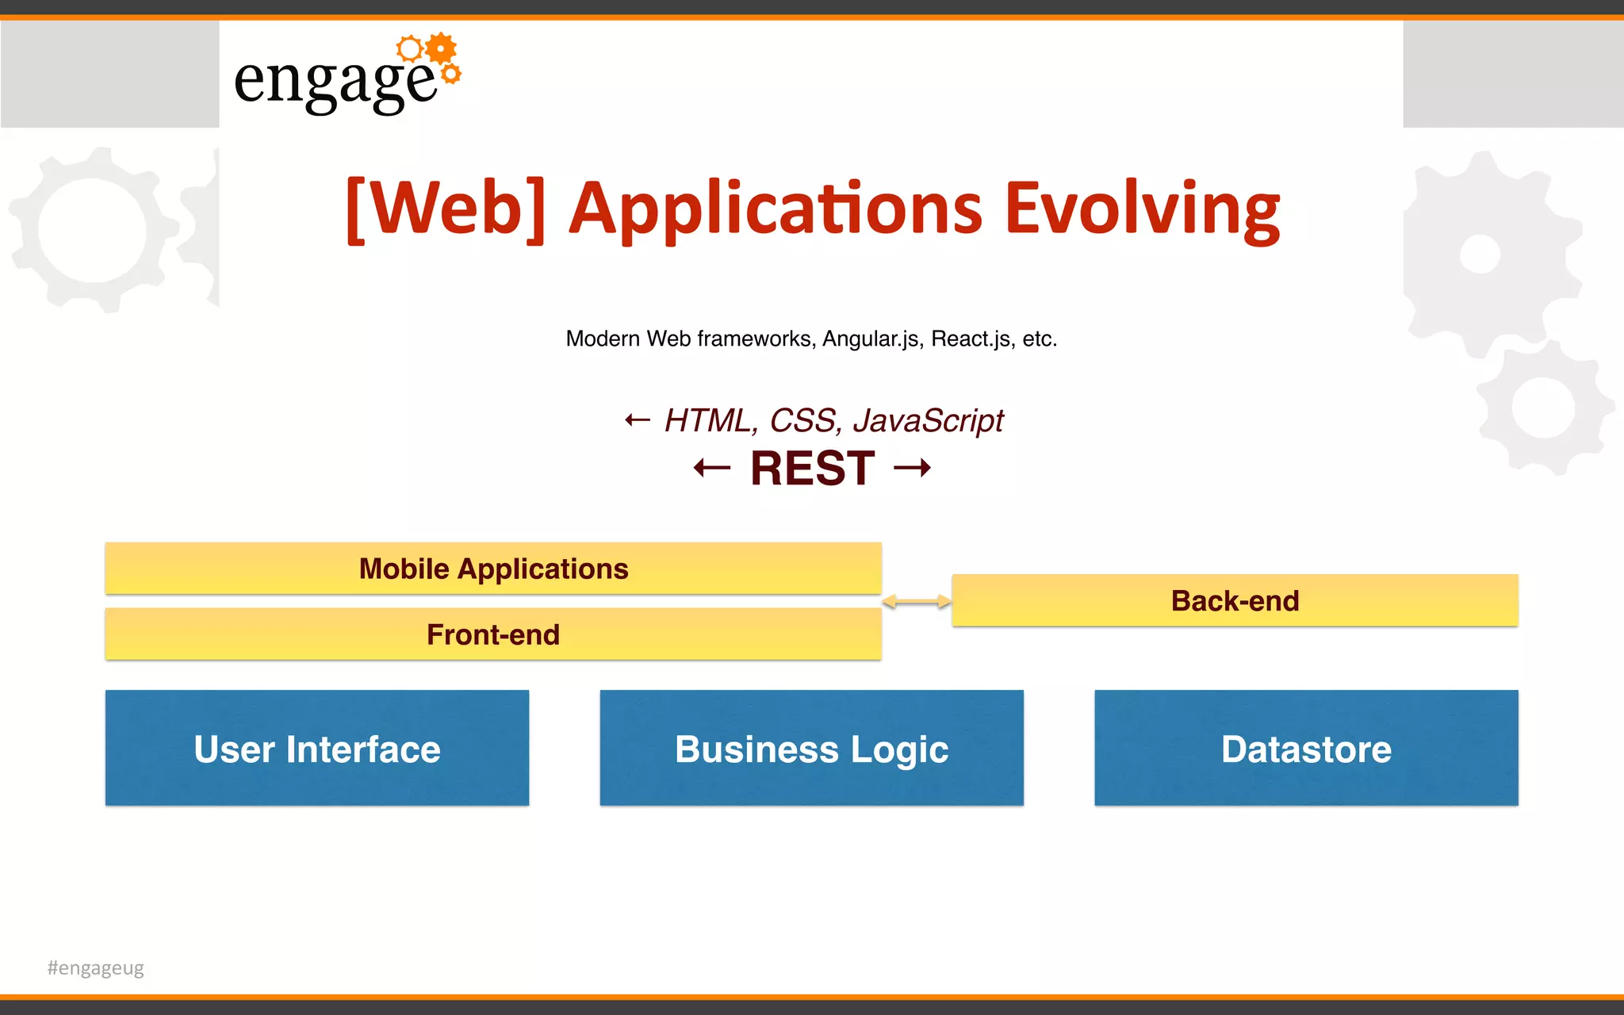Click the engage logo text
(335, 82)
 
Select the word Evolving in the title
(1142, 208)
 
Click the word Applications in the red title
(776, 208)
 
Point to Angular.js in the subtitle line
(871, 339)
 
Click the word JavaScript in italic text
(928, 420)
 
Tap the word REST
(813, 468)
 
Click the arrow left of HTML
(638, 420)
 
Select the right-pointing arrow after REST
(912, 468)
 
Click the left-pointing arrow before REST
(711, 468)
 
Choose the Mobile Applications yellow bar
(493, 569)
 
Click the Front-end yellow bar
(493, 634)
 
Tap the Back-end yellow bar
(1235, 600)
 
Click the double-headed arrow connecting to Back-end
(917, 602)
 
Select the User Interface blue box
(317, 749)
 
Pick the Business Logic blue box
(811, 749)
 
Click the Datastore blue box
(1306, 749)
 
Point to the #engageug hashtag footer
(96, 967)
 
